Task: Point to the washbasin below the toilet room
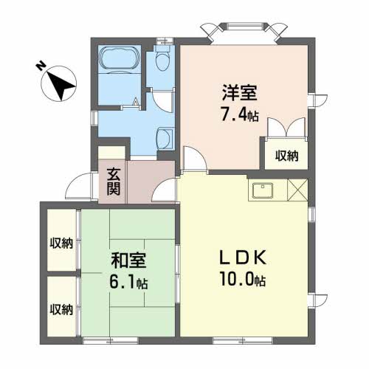[x=165, y=137]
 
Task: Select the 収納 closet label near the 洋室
[x=287, y=155]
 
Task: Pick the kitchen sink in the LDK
[x=263, y=191]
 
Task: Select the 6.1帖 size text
[x=130, y=283]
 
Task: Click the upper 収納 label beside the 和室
[x=61, y=244]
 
